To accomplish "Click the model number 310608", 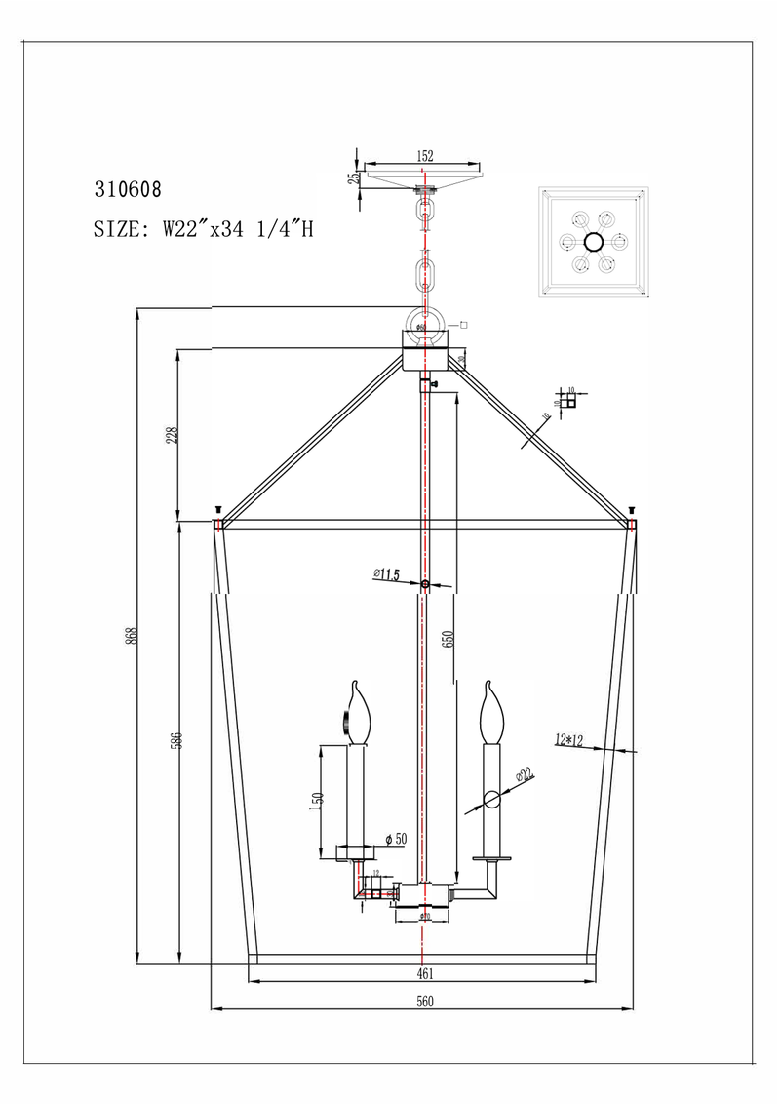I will [127, 189].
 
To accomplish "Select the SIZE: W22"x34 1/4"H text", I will [203, 230].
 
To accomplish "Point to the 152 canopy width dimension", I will [424, 155].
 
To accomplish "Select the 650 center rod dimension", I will [448, 639].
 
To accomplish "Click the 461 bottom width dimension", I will [424, 973].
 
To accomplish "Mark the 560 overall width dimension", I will [424, 1001].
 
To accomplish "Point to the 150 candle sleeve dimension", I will [316, 799].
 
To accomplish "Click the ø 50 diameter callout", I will [394, 839].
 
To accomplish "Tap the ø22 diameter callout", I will [524, 775].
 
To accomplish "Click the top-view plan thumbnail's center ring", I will [593, 243].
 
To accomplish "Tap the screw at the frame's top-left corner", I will [218, 510].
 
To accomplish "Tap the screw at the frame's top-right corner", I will [632, 510].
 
